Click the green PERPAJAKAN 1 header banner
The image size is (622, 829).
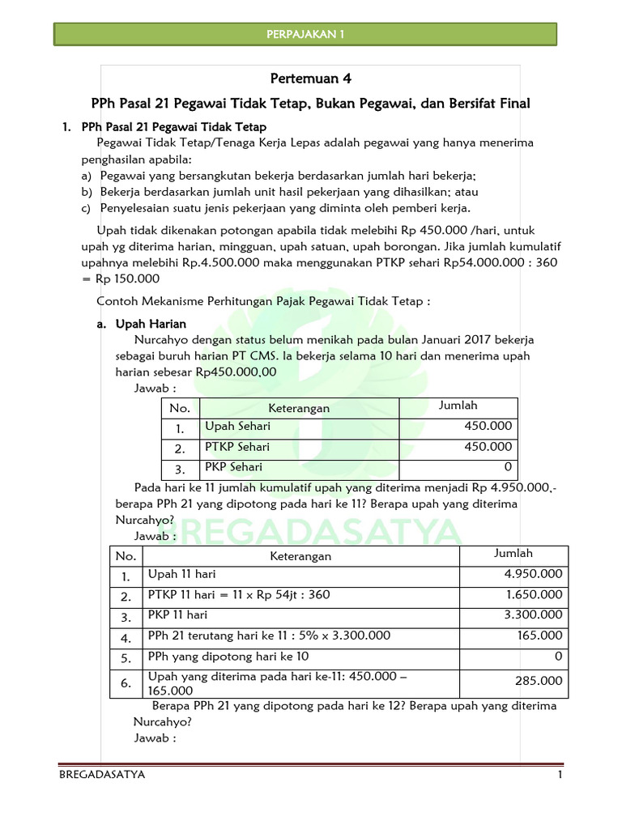coord(305,34)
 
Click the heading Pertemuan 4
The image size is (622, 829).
coord(311,79)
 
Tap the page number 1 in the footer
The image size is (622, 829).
coord(559,775)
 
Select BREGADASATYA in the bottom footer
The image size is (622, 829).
coord(102,775)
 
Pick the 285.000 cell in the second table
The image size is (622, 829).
coord(539,682)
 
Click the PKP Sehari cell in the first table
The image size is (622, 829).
coord(233,467)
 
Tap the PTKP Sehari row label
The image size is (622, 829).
coord(237,447)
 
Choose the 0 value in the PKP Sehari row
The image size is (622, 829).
coord(508,467)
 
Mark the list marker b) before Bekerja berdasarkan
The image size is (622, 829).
coord(87,192)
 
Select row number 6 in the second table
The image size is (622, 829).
coord(126,683)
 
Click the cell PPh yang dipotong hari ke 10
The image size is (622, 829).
coord(228,657)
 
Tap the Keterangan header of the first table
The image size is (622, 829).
coord(300,408)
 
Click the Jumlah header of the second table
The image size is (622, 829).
coord(513,554)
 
